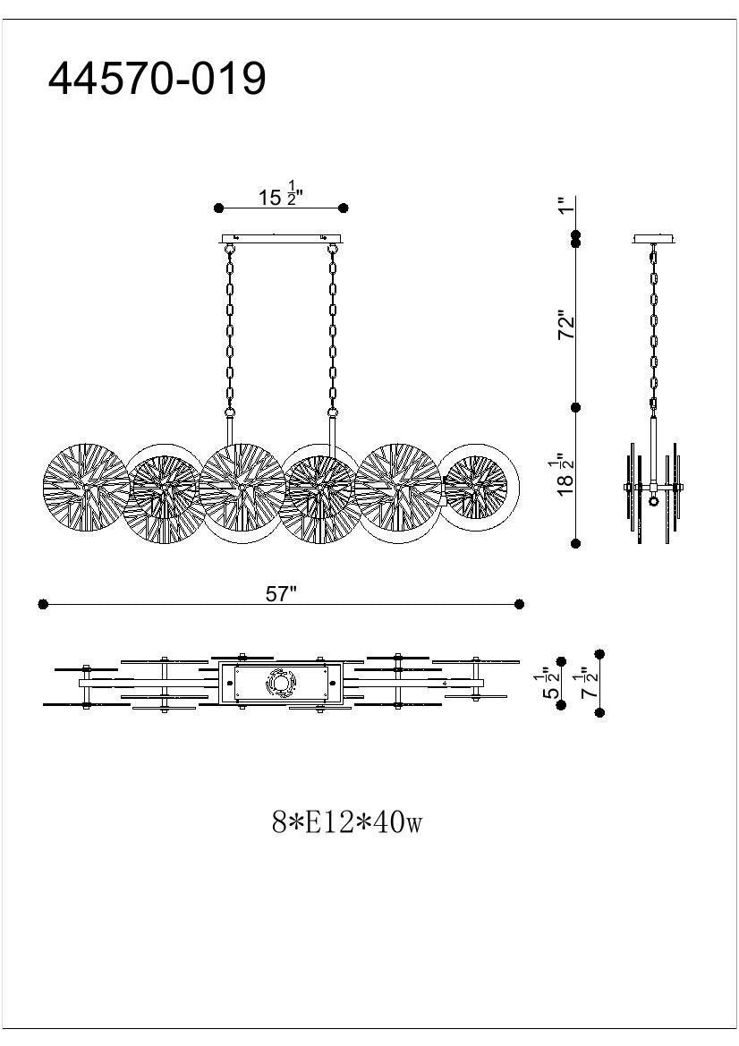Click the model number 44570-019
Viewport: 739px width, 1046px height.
pyautogui.click(x=157, y=79)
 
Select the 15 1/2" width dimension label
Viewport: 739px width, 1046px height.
pyautogui.click(x=281, y=196)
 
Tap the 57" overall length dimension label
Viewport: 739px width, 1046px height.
pyautogui.click(x=280, y=595)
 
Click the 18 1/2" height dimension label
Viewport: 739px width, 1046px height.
pyautogui.click(x=565, y=474)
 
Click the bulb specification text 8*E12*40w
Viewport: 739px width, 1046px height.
pyautogui.click(x=346, y=821)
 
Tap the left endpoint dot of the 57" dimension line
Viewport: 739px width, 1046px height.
pyautogui.click(x=43, y=605)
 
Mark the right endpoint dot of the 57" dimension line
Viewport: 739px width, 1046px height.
pyautogui.click(x=520, y=605)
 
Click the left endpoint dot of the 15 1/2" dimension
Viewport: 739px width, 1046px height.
pyautogui.click(x=218, y=208)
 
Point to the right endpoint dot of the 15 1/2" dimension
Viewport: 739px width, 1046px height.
pyautogui.click(x=344, y=208)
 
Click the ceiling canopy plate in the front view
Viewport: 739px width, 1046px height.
pyautogui.click(x=281, y=238)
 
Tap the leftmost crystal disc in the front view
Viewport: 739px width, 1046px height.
pyautogui.click(x=85, y=488)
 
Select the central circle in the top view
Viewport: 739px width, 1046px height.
pyautogui.click(x=281, y=685)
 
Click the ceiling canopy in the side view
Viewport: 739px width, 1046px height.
pyautogui.click(x=655, y=239)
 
